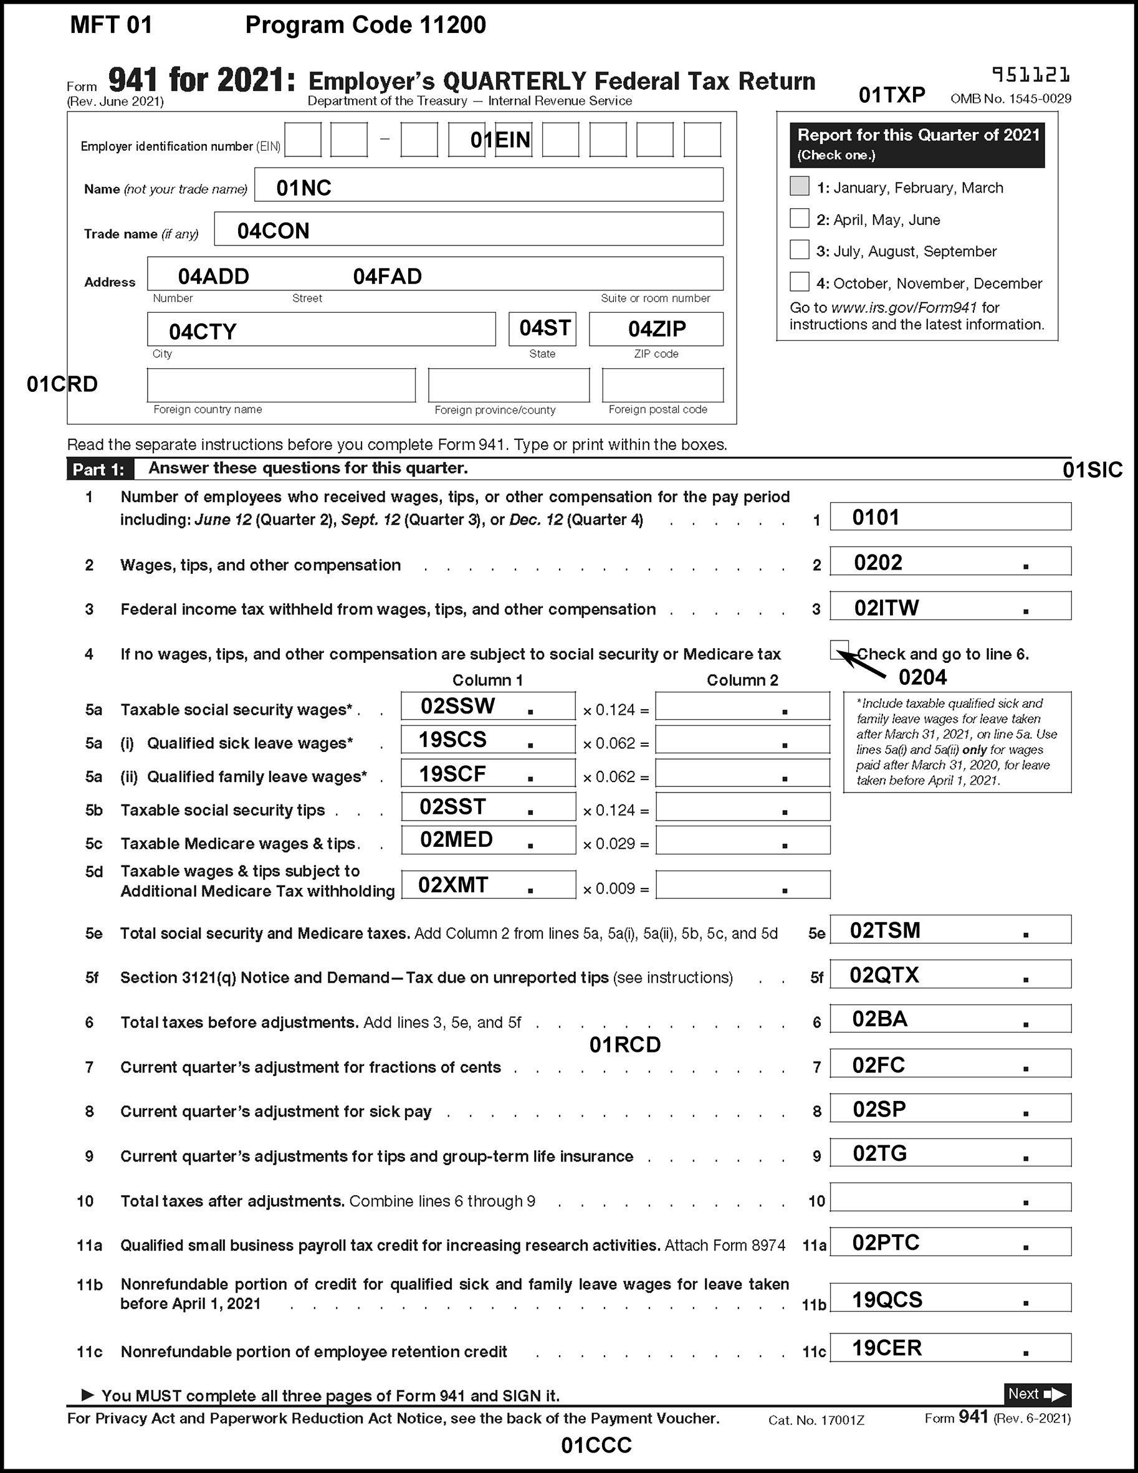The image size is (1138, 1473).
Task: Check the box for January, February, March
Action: pos(800,186)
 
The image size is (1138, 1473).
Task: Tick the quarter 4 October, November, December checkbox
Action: pos(800,282)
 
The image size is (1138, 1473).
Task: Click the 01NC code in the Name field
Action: pos(304,188)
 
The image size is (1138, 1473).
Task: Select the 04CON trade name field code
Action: pos(273,231)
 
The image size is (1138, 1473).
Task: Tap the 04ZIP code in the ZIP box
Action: pos(656,329)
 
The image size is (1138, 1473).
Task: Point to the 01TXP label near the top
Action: pos(891,96)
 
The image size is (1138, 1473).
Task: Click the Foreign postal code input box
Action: pos(662,385)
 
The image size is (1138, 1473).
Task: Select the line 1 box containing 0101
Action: pos(950,517)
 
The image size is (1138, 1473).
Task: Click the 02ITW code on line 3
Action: pos(886,608)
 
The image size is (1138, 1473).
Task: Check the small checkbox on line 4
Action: pos(838,649)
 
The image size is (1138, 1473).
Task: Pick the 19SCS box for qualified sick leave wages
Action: pos(488,740)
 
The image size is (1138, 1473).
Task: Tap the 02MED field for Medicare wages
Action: pos(488,841)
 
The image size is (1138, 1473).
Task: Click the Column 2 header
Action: pos(742,680)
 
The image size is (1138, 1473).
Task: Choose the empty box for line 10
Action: pos(950,1198)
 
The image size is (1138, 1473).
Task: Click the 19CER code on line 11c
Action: pos(886,1348)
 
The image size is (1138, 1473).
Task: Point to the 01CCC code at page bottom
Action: pos(596,1446)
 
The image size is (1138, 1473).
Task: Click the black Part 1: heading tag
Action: pos(99,469)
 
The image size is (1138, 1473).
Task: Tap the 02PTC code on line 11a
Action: pos(886,1243)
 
